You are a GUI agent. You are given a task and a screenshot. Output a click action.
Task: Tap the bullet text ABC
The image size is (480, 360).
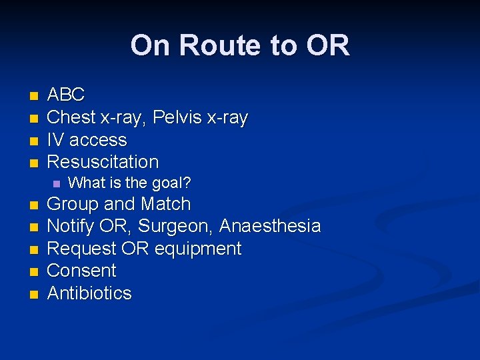tap(66, 95)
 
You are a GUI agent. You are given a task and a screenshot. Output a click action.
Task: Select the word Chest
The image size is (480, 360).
tap(72, 118)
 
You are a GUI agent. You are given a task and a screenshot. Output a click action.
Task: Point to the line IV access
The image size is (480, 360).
tap(87, 140)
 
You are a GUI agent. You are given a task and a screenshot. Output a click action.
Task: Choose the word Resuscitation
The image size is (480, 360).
tap(103, 162)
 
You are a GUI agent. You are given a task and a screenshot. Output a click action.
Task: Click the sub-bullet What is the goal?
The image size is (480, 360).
tap(130, 183)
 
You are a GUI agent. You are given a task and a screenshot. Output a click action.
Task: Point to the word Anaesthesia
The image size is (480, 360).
tap(270, 227)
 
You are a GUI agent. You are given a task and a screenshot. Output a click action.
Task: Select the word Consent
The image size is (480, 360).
tap(81, 271)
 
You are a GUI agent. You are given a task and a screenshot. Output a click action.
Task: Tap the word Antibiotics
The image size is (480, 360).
tap(89, 293)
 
